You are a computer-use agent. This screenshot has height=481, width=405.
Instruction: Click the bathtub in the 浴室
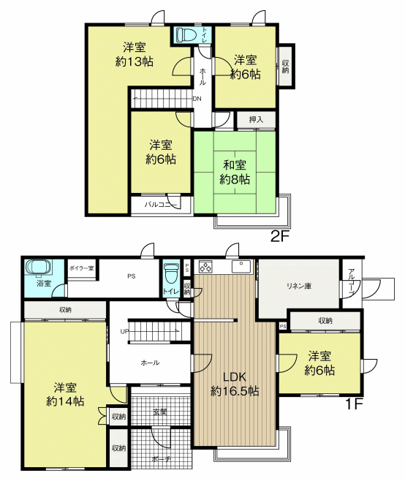38,268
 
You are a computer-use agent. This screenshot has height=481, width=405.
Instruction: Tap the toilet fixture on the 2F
187,34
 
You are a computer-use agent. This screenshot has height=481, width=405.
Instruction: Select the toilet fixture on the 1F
171,274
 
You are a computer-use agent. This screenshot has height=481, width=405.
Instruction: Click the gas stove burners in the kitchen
205,266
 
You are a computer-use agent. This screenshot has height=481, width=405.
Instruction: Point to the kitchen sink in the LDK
241,266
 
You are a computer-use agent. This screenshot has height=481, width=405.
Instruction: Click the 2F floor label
280,236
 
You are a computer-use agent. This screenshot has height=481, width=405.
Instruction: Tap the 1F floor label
354,404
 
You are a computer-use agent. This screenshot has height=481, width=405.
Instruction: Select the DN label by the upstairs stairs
197,99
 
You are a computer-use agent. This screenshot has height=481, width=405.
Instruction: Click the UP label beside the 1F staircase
124,332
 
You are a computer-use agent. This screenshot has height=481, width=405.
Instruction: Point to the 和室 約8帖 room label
235,172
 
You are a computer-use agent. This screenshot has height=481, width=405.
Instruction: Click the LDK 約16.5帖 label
235,384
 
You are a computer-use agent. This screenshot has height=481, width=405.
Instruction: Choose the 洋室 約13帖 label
135,54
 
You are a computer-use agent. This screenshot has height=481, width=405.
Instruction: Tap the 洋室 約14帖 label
65,394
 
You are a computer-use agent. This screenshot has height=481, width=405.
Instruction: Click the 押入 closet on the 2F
256,120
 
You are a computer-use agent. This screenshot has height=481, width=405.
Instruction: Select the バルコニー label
161,204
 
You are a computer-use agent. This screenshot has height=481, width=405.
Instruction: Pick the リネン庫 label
299,287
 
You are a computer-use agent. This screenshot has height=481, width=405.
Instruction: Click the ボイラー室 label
81,268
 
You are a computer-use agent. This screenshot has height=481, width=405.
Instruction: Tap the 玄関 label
160,412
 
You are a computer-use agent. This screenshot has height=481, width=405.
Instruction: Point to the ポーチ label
159,459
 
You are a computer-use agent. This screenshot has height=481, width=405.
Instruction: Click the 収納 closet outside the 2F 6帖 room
285,67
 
